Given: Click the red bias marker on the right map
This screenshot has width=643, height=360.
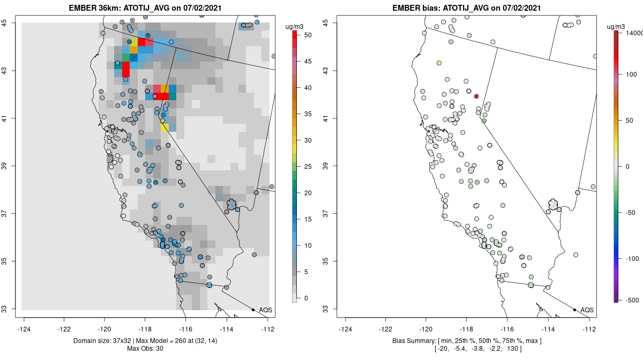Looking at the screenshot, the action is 476,96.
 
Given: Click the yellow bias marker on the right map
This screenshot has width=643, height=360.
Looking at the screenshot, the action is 439,63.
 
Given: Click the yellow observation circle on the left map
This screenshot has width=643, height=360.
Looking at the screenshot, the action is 162,121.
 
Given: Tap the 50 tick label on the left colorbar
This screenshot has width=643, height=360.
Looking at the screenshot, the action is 308,35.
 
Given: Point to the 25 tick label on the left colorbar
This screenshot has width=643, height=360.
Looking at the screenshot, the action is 308,167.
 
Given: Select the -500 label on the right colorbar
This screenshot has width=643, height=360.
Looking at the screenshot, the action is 632,301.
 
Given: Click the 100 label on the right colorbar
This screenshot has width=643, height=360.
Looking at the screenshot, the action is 631,74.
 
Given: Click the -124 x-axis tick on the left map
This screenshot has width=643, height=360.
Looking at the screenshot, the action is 24,329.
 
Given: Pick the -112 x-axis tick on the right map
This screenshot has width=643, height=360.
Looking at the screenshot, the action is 589,329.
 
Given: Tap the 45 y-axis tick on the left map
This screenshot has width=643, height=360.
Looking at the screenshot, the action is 5,22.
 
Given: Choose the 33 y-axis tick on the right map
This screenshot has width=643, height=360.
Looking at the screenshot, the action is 326,309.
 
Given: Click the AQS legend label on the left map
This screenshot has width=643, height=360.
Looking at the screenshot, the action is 266,310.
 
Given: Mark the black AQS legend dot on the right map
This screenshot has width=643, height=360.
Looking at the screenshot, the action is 574,310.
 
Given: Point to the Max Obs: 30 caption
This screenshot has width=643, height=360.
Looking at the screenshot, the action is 145,349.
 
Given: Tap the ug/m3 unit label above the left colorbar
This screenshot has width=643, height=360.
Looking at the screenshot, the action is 294,27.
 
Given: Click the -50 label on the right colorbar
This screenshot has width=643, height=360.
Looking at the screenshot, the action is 631,213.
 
